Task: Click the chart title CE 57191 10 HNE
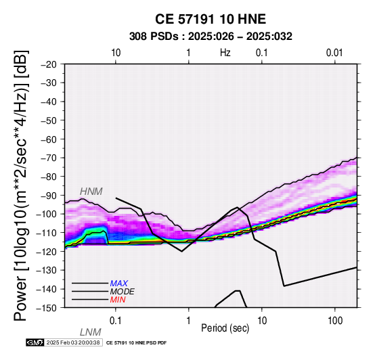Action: coord(211,19)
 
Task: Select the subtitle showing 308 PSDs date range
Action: coord(211,37)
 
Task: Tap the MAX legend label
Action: coord(119,284)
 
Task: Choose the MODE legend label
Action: coord(123,292)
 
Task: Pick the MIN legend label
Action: coord(118,300)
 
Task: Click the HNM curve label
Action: coord(91,192)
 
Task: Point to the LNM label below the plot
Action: coord(91,332)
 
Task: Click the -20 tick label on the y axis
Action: coord(49,64)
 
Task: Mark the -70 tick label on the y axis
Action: coord(49,158)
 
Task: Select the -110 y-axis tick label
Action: coord(47,233)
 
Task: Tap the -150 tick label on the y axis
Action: coord(47,308)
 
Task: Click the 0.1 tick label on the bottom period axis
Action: coord(116,321)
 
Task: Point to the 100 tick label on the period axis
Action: coord(335,321)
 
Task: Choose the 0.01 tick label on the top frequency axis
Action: coord(335,53)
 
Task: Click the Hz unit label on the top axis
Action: coord(225,53)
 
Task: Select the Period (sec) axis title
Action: coord(225,328)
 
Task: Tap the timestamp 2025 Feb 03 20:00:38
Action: coord(73,342)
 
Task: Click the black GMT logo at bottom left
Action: coord(35,342)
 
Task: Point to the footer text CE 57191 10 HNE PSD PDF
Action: coord(136,343)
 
